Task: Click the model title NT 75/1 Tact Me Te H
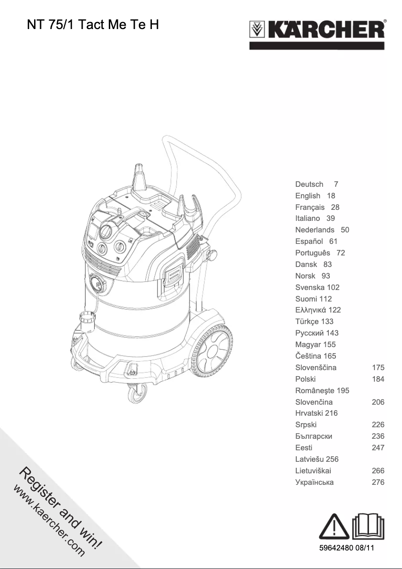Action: (x=93, y=25)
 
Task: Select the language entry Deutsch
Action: (x=309, y=184)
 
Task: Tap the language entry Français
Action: (x=310, y=207)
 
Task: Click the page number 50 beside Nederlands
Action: (x=345, y=230)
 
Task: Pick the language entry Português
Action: (x=313, y=253)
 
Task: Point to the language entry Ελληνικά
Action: (x=311, y=310)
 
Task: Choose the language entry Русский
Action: (x=310, y=333)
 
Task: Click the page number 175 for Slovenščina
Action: (x=378, y=367)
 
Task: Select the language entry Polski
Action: (x=305, y=379)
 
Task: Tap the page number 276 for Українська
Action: (x=378, y=482)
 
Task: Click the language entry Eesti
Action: (x=304, y=448)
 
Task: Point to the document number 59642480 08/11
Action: (x=347, y=548)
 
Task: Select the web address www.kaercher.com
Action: (x=49, y=521)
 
